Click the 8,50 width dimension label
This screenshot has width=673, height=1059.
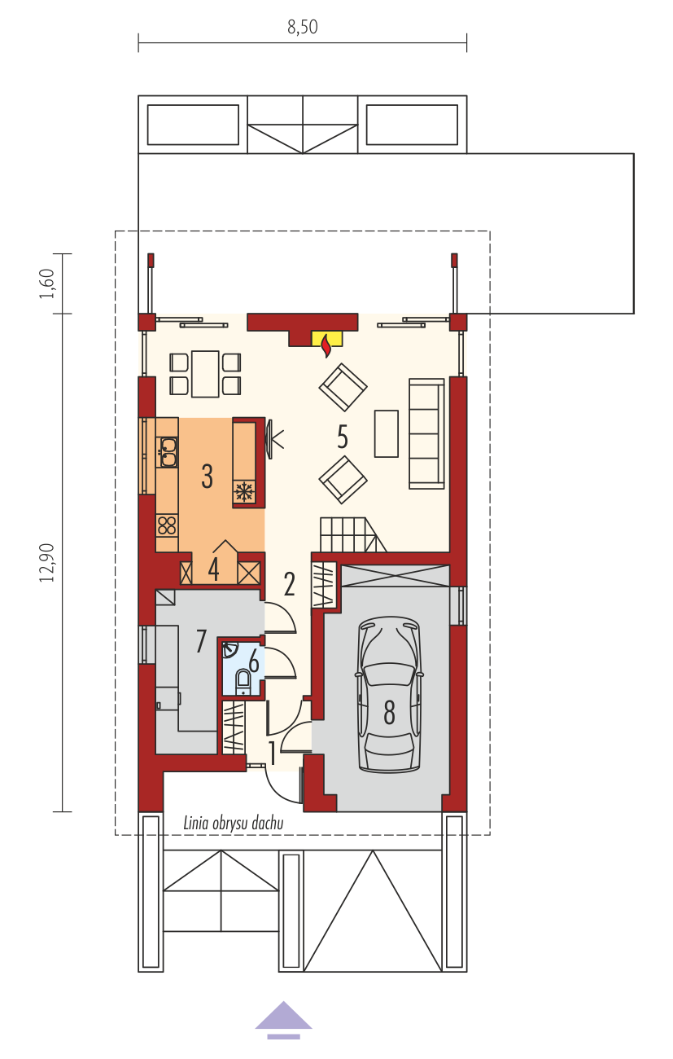[302, 27]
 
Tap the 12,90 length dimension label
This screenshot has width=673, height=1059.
[48, 563]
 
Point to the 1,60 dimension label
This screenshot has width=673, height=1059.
[48, 283]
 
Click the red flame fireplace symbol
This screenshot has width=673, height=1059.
[326, 346]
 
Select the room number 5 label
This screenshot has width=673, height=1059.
[343, 437]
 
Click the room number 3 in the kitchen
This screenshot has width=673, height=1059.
[207, 476]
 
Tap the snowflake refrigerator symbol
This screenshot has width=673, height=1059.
[244, 491]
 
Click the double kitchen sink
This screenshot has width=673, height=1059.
[167, 452]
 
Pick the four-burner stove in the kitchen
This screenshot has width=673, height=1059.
[167, 525]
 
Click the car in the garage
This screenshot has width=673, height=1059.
[389, 695]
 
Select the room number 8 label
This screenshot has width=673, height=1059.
[389, 713]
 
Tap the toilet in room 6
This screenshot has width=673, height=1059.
[243, 682]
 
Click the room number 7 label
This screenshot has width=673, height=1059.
[201, 640]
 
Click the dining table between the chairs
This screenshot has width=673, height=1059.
[205, 373]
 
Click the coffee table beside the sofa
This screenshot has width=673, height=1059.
[387, 433]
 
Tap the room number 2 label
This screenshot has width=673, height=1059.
[290, 584]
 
